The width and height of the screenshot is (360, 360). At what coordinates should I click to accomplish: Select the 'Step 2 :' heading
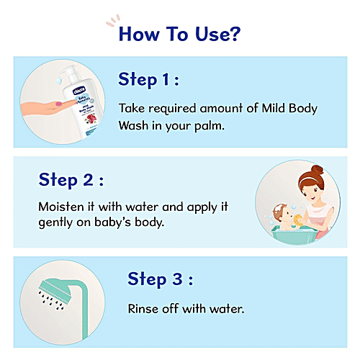pyautogui.click(x=71, y=179)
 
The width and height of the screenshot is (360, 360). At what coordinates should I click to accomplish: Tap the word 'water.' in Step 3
pyautogui.click(x=223, y=308)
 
